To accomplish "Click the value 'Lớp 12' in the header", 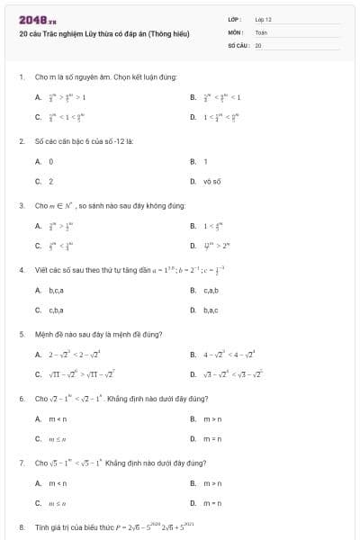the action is coord(263,18).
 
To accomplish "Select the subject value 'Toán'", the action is coord(261,31).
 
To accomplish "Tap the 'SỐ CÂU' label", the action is coord(238,43).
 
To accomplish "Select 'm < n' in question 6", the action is coord(58,418).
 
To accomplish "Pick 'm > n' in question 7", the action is coord(213,483).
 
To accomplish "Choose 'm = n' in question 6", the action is coord(213,438).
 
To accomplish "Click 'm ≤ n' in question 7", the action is coord(58,503).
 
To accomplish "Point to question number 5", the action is coord(21,333).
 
